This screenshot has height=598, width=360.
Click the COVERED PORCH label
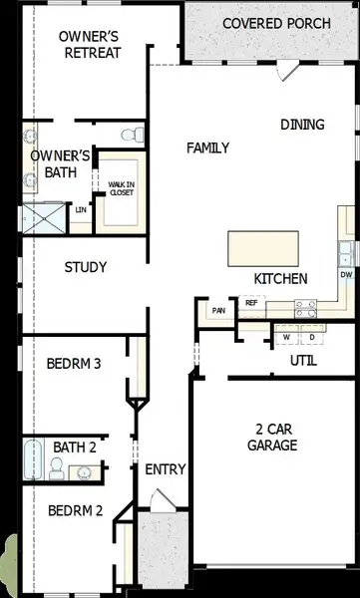coord(271,23)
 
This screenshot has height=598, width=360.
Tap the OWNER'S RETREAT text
coord(90,44)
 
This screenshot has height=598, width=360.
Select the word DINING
coord(302,125)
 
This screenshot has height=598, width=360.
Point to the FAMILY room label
coord(208,149)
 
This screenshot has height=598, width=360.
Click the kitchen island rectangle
coord(263,247)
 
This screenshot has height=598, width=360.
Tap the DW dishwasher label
coord(346,273)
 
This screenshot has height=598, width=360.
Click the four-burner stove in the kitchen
coord(307,308)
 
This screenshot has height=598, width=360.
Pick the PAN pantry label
coord(217,311)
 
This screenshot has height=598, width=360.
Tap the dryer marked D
coord(311,337)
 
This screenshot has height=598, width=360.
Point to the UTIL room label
coord(303,360)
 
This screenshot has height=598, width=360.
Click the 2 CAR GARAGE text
coord(270,438)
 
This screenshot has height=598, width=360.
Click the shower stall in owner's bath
coord(43,218)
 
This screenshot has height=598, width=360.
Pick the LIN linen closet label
coord(80,210)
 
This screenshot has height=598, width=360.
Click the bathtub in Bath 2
coord(32,460)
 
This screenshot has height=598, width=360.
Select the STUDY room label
coord(86,267)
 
